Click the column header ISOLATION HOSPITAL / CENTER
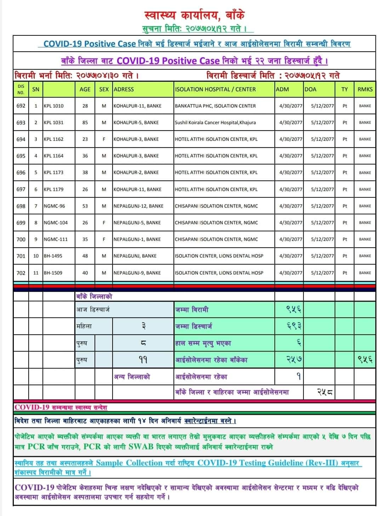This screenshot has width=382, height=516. [x=215, y=89]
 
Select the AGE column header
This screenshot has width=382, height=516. [x=85, y=89]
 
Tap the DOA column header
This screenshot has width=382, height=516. [x=310, y=89]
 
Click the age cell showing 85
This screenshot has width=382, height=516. [x=85, y=122]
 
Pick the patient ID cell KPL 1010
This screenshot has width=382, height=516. [x=53, y=106]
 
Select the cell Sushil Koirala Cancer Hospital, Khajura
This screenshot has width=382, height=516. [x=215, y=122]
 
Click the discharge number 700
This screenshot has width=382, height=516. [x=21, y=239]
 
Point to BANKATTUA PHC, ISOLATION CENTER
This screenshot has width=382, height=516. [x=215, y=106]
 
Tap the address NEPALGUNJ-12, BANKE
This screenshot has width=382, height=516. [x=138, y=206]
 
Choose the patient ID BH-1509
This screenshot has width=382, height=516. [x=53, y=273]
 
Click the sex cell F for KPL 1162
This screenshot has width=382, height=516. [x=104, y=139]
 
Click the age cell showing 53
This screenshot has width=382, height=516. [x=85, y=206]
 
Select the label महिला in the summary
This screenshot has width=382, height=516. [x=84, y=326]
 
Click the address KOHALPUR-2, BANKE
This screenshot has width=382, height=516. [x=136, y=173]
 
